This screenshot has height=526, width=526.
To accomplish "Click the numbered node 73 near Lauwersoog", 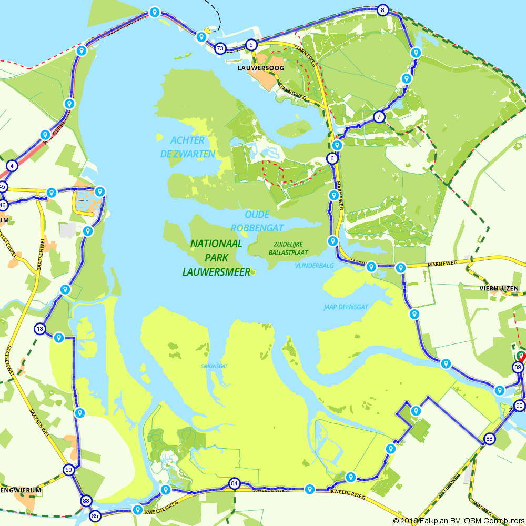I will pyautogui.click(x=220, y=48).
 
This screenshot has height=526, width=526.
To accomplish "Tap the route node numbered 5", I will pyautogui.click(x=251, y=45).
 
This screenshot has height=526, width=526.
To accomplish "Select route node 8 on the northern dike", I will pyautogui.click(x=382, y=10).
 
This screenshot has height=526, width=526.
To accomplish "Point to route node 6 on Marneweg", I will pyautogui.click(x=332, y=158).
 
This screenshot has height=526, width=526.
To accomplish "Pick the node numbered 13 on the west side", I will pyautogui.click(x=40, y=329).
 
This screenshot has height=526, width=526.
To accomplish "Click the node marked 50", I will pyautogui.click(x=69, y=470).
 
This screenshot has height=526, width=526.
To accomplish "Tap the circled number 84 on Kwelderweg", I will pyautogui.click(x=234, y=483).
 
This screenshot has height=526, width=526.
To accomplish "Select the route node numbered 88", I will pyautogui.click(x=489, y=439).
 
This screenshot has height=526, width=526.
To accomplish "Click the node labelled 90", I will pyautogui.click(x=519, y=406).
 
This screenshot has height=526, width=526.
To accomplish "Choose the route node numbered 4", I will pyautogui.click(x=12, y=166).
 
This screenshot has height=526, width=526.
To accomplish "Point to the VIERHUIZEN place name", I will pyautogui.click(x=499, y=288).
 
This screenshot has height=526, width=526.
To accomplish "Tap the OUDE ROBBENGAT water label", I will pyautogui.click(x=257, y=221).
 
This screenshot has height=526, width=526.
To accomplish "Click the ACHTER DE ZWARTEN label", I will pyautogui.click(x=187, y=147).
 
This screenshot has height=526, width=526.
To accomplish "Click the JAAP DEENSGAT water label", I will pyautogui.click(x=346, y=307).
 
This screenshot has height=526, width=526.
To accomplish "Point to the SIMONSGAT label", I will pyautogui.click(x=214, y=366).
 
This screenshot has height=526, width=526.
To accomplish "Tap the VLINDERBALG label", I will pyautogui.click(x=314, y=266).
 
